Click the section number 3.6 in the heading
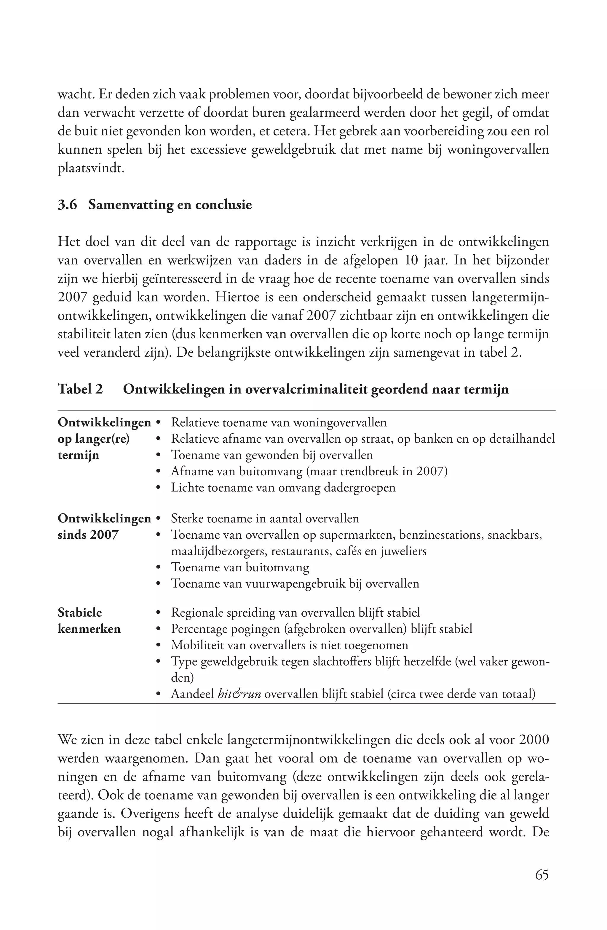(x=68, y=205)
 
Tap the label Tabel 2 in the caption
(x=80, y=389)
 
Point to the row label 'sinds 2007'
(x=88, y=535)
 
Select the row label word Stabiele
(x=80, y=612)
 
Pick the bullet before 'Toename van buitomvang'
(x=158, y=567)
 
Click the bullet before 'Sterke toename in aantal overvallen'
(x=158, y=519)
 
